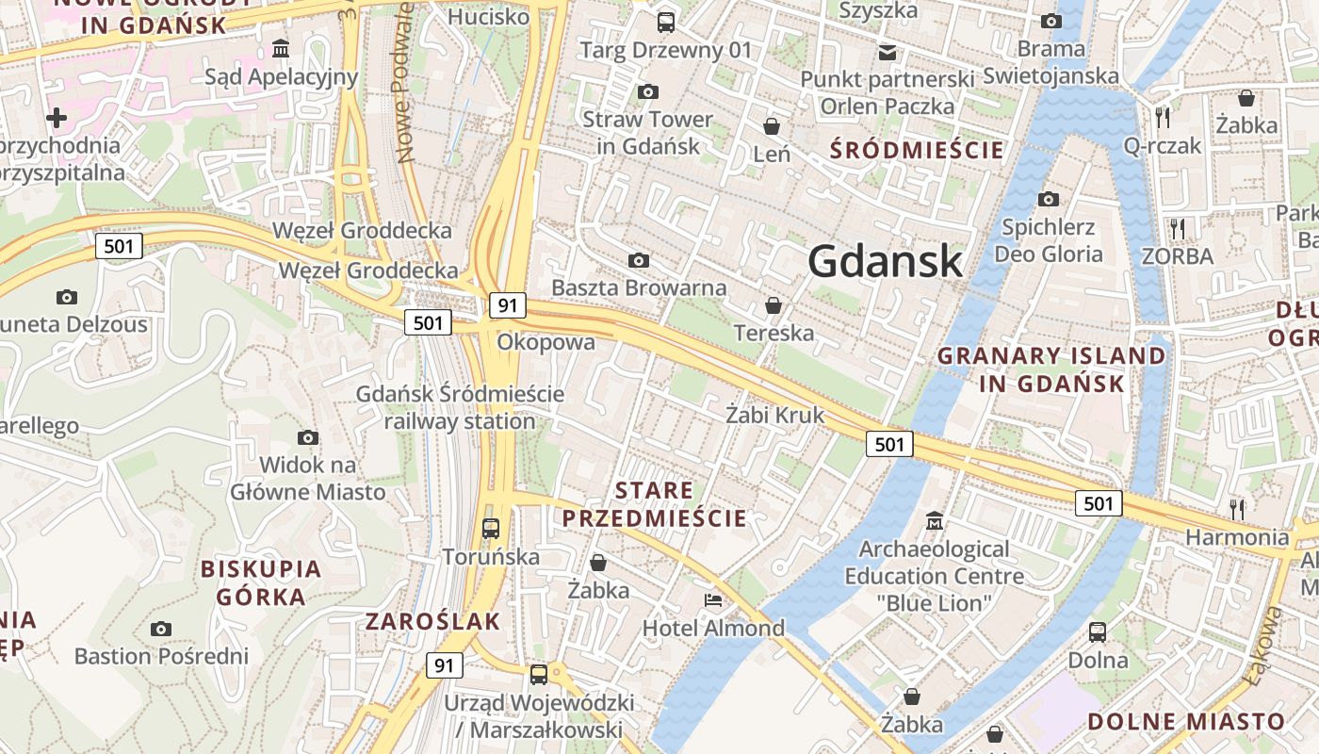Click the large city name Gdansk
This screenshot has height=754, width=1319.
click(886, 261)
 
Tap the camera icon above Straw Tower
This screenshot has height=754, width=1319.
click(648, 91)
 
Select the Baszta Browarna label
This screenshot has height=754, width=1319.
click(639, 287)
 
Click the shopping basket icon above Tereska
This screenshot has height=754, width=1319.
click(773, 305)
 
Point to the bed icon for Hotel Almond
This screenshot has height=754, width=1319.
click(713, 600)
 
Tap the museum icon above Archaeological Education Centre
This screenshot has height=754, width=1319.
click(935, 520)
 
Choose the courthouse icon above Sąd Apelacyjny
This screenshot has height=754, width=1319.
click(281, 48)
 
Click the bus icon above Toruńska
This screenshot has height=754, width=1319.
click(491, 528)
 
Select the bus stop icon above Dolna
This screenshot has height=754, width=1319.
click(1098, 631)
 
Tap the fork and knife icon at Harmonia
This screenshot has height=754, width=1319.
click(1237, 509)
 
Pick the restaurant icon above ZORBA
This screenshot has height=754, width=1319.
click(1177, 228)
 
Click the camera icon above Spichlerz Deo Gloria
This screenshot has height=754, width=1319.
click(1049, 199)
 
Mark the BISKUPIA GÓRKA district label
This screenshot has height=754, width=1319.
click(261, 582)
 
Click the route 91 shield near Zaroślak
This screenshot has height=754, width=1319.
click(444, 665)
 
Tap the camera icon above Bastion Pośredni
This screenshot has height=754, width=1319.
click(161, 629)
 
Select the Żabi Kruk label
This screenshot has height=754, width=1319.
click(774, 415)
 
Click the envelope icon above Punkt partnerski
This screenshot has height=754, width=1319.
click(887, 52)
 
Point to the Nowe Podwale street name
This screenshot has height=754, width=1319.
click(406, 85)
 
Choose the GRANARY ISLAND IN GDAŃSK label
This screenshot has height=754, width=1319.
click(1051, 369)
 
